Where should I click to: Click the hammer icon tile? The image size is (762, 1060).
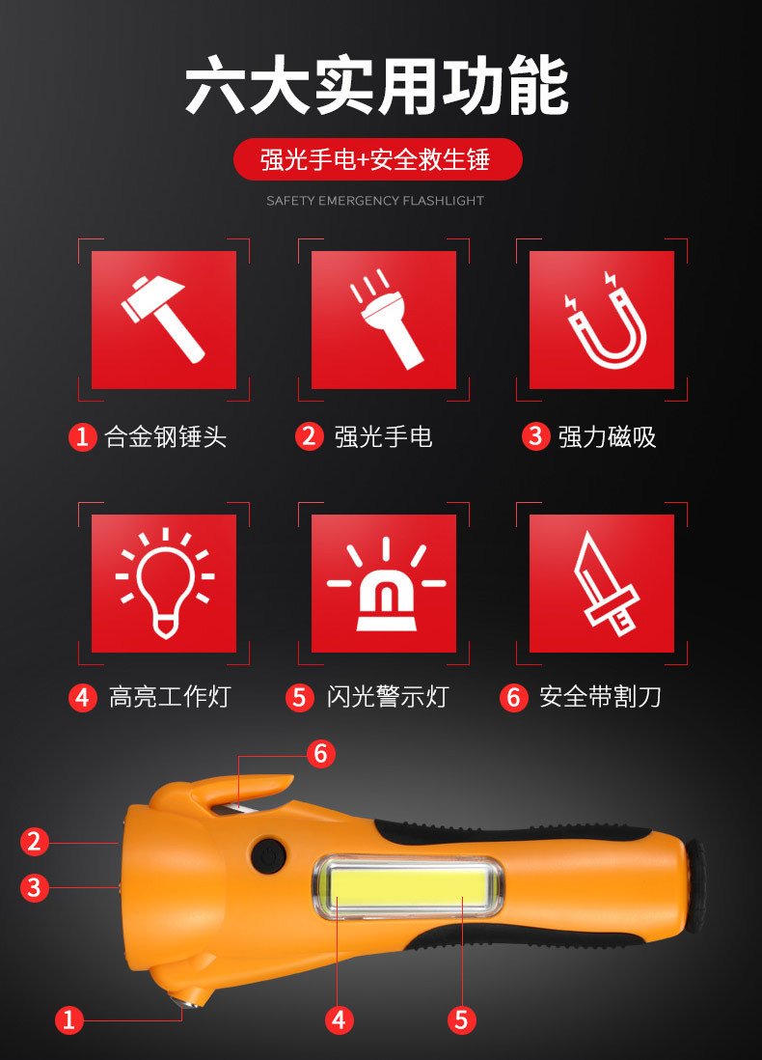coord(164,320)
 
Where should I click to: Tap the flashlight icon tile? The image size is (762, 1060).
coord(383,320)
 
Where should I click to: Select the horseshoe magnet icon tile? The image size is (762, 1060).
coord(602,320)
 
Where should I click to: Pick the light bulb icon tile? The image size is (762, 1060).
coord(164,583)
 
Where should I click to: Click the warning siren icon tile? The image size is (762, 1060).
coord(383,583)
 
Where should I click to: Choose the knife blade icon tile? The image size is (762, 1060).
coord(602,583)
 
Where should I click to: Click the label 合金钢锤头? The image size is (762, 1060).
coord(166,436)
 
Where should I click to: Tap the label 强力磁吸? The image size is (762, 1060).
coord(607,436)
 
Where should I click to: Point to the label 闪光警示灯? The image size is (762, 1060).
coord(387,696)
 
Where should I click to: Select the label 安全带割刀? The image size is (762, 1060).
coord(600,696)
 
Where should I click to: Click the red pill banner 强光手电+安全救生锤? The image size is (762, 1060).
coord(377,160)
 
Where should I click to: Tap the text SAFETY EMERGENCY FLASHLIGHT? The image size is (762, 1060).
coord(375,201)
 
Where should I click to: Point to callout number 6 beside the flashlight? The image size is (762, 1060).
coord(321,753)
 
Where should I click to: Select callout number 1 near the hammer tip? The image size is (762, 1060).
coord(68,1018)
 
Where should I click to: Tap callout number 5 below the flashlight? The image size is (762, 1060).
coord(461,1018)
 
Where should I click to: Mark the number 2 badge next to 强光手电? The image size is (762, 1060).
coord(309,436)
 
